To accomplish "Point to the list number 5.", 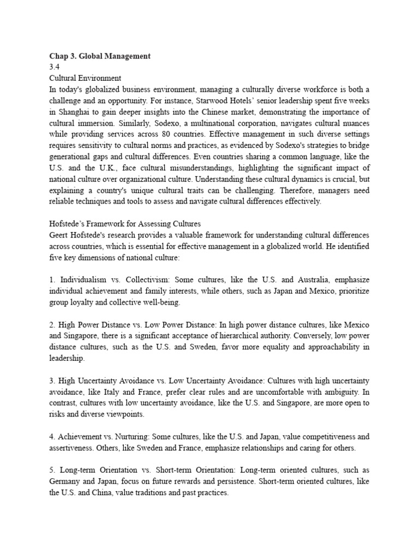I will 52,471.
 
